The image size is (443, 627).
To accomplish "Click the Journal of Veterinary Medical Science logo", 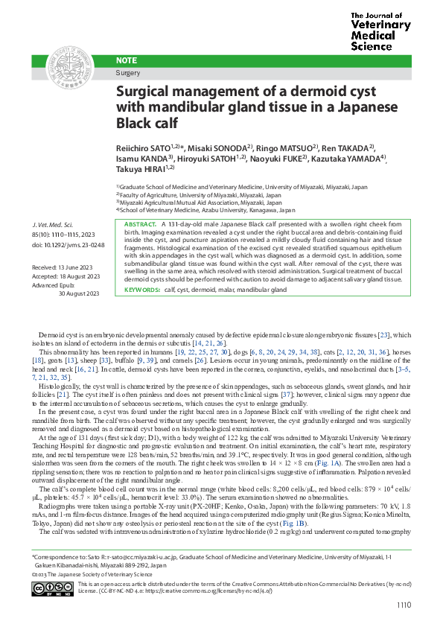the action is pyautogui.click(x=380, y=31).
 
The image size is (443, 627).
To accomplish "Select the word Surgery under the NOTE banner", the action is pyautogui.click(x=128, y=73).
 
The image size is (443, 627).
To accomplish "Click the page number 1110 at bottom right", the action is pyautogui.click(x=404, y=605).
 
